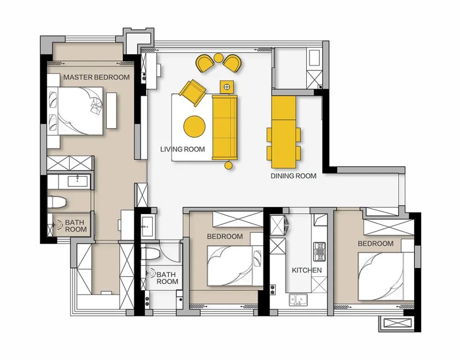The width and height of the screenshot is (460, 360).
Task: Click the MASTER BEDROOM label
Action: [x=97, y=77]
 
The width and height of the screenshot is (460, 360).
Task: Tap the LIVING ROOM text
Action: [x=183, y=149]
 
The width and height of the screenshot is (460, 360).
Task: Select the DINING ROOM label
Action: [x=293, y=176]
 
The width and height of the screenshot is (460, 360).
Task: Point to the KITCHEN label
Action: [x=306, y=270]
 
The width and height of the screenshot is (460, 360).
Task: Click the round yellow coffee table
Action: [x=195, y=127]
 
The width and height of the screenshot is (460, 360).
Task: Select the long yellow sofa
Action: [x=224, y=128]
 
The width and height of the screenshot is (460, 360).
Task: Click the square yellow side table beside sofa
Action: [x=227, y=87]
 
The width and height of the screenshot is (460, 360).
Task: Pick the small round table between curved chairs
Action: [x=218, y=58]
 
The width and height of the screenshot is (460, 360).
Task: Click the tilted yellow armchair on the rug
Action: [x=192, y=92]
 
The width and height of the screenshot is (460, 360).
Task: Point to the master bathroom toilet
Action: [x=57, y=202]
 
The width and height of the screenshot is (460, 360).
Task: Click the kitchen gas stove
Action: [x=320, y=251]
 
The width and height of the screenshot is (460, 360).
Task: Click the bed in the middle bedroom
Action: [x=235, y=266]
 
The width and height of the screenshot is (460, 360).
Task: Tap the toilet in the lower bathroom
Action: [x=150, y=253]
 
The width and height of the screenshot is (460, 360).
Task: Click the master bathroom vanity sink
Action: [x=77, y=181]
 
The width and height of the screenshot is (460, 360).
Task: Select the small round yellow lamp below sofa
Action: [x=229, y=165]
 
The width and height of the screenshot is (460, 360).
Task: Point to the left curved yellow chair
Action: [x=205, y=63]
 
